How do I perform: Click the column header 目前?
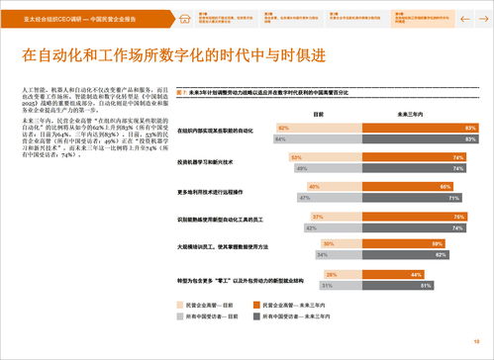(x=318, y=115)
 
